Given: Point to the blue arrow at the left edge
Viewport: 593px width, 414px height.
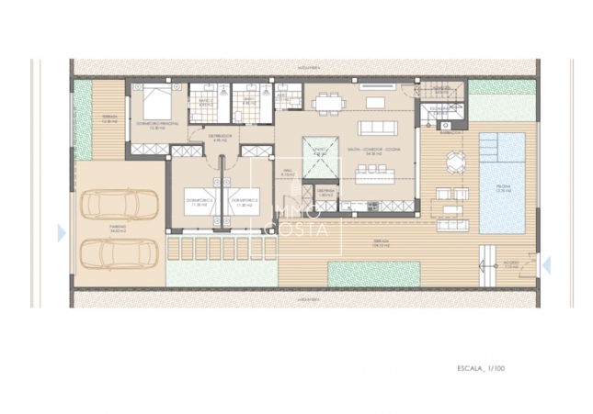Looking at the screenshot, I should click(x=62, y=233).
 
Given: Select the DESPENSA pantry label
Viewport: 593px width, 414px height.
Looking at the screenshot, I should click(x=325, y=194).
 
